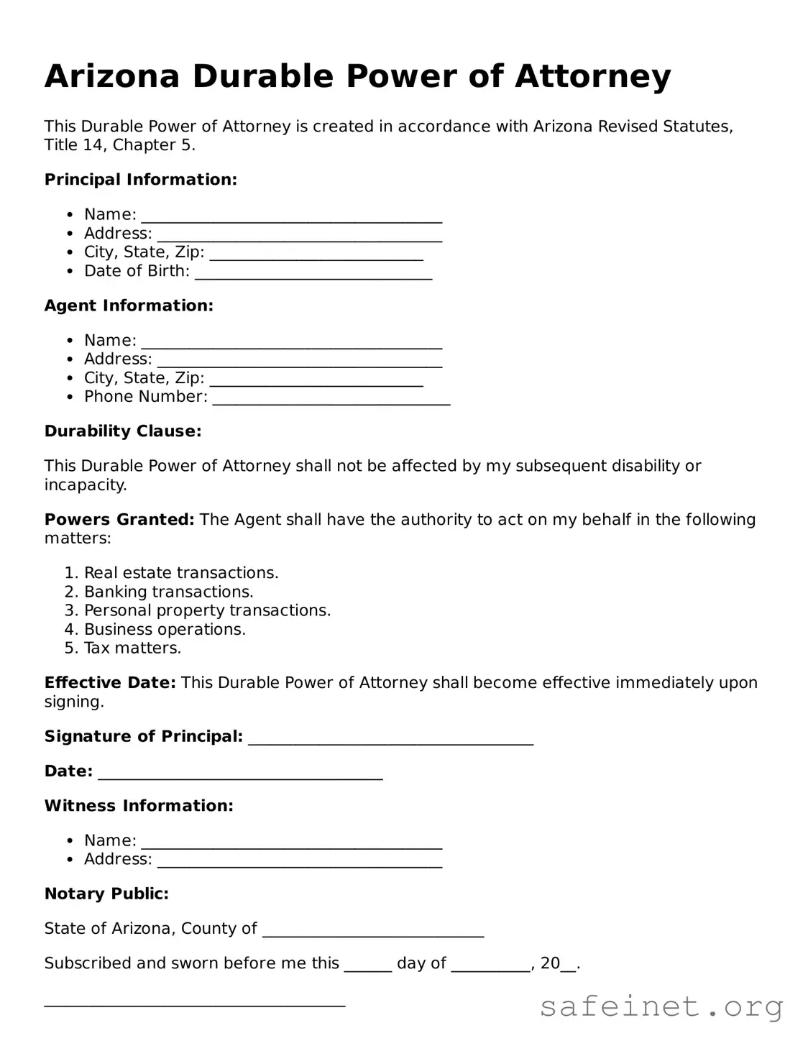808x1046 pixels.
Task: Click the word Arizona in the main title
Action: (111, 76)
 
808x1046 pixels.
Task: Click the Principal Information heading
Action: (140, 180)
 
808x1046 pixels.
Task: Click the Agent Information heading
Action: (129, 306)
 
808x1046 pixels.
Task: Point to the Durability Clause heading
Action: (123, 431)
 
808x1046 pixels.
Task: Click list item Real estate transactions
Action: (181, 573)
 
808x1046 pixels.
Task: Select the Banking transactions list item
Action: (169, 592)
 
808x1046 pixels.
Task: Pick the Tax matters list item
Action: (132, 648)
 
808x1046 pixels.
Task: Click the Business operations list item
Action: (165, 630)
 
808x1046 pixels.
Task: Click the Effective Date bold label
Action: (110, 683)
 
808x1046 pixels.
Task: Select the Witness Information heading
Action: (139, 806)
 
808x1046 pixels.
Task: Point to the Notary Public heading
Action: (106, 894)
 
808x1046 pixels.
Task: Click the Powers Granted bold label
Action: (119, 520)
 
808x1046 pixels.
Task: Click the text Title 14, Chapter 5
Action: (119, 145)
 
